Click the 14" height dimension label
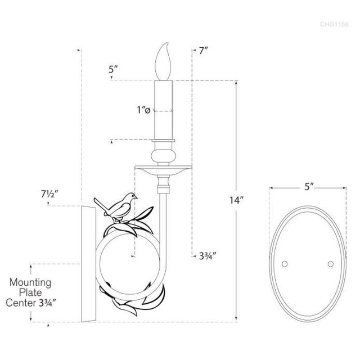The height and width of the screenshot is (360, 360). pos(236,200)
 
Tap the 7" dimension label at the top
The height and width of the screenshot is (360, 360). pos(204,51)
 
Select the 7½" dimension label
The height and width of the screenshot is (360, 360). pos(49,195)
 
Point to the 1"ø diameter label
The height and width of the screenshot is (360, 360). pos(144,110)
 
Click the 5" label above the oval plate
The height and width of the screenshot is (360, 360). pos(309,187)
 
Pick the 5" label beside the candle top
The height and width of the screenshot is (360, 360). pos(113,69)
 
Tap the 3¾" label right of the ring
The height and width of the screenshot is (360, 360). pos(208,256)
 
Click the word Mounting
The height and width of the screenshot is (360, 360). pos(30,283)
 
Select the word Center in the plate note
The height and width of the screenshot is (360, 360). pos(21,303)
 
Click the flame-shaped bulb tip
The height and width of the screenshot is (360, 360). pos(166,44)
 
